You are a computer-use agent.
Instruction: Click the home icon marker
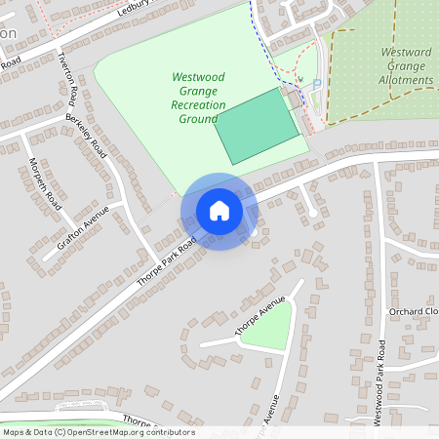(x=219, y=211)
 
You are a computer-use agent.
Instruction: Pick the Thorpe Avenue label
(x=259, y=316)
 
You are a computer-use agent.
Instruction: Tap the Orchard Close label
(x=413, y=311)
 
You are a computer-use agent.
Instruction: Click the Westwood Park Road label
(x=379, y=380)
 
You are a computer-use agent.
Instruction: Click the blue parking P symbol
(x=317, y=85)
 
